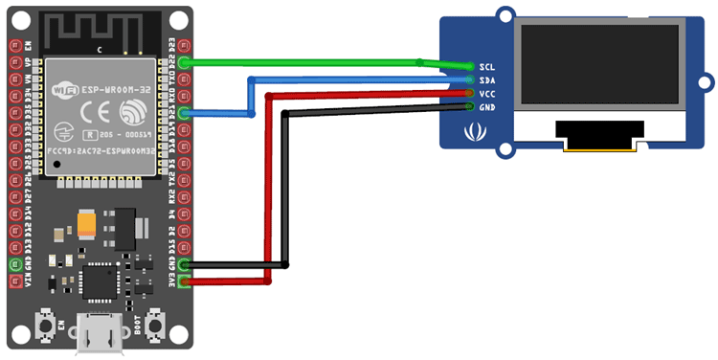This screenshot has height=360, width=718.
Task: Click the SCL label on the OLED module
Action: [487, 67]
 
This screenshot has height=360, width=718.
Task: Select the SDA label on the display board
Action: [487, 80]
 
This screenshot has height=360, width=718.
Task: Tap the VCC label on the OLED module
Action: [487, 94]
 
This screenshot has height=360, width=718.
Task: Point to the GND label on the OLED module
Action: [487, 107]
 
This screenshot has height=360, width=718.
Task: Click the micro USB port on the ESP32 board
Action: [99, 338]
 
